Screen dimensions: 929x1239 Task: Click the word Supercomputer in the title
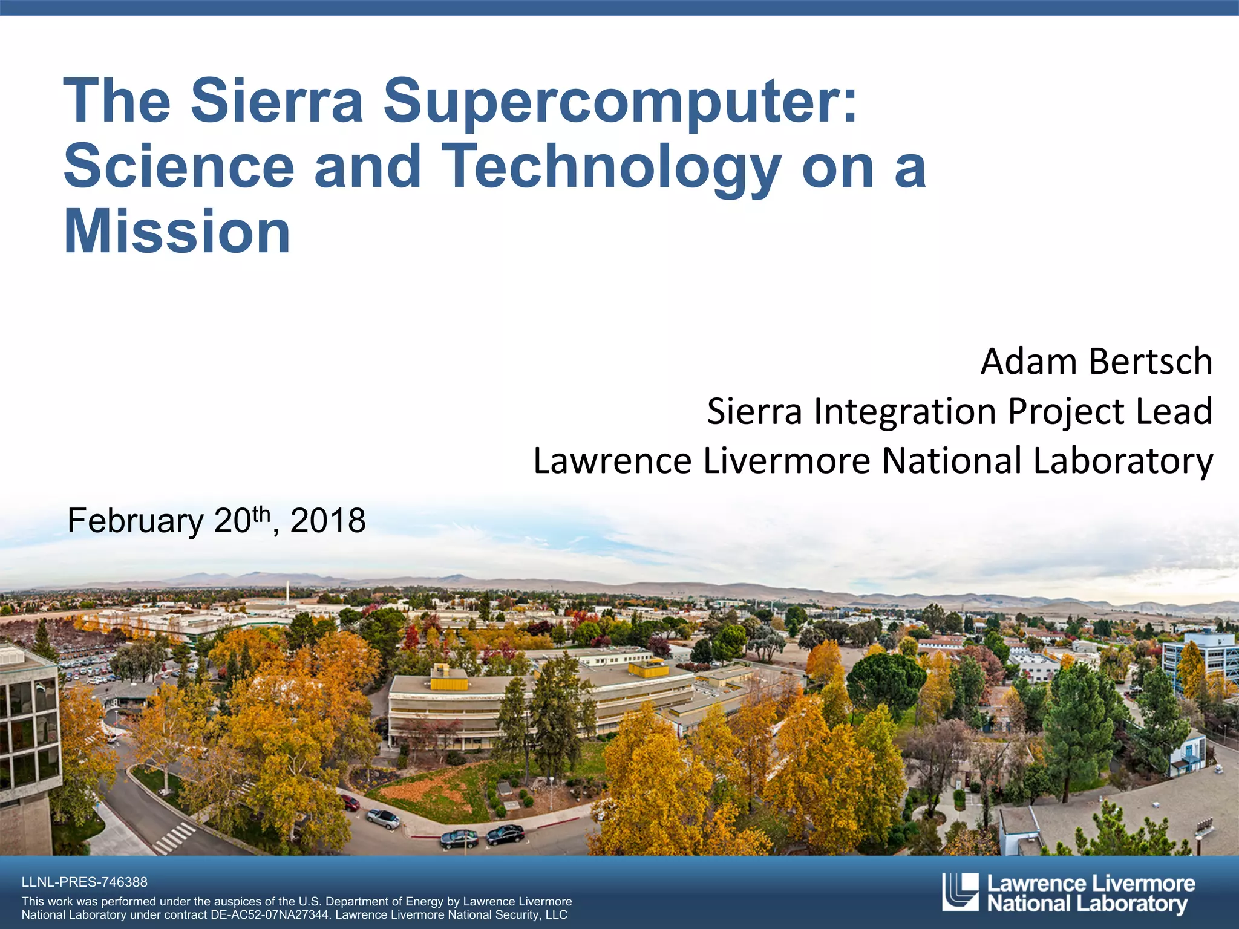[620, 102]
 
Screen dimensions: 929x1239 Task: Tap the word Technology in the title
[611, 166]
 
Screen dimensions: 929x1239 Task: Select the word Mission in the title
[177, 232]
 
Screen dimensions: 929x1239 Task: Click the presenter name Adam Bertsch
[1096, 362]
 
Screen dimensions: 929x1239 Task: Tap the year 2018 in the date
[328, 521]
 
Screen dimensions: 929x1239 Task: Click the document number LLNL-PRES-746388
[84, 882]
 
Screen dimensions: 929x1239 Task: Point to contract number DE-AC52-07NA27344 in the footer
[270, 915]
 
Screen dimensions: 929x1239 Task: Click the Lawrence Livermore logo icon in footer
[960, 892]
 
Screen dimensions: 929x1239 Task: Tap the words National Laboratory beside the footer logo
[1087, 904]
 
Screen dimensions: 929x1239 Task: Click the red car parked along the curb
[350, 803]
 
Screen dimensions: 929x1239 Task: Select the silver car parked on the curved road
[384, 818]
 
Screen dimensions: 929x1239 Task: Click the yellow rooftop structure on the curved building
[449, 679]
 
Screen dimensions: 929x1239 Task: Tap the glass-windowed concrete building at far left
[27, 726]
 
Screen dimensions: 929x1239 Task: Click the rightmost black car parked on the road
[506, 835]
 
